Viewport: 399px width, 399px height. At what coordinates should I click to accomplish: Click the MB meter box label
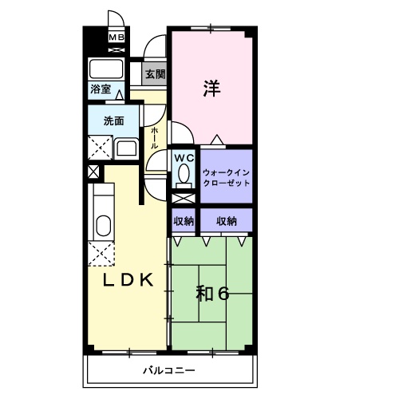pos(117,38)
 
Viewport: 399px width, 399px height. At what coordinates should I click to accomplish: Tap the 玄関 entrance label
pos(156,74)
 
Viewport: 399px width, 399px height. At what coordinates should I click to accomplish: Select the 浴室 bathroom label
pos(101,89)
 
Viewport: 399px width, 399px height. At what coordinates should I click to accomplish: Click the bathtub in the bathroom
pos(106,69)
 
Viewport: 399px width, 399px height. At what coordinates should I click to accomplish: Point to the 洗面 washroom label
pos(114,121)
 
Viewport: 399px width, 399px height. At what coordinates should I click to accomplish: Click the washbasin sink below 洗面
pos(126,148)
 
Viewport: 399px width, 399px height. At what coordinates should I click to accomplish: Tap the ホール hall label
pos(154,137)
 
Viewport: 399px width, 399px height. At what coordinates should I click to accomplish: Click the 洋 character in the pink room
pos(211,88)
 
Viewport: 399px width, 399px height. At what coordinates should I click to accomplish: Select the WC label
pos(184,158)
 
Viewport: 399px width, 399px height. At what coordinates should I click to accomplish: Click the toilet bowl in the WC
pos(184,175)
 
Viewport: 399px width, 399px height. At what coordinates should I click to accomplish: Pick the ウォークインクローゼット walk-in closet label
pos(226,178)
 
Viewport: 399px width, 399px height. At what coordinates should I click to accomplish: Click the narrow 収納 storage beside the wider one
pos(184,221)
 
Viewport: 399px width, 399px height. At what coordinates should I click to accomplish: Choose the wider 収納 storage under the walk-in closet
pos(227,221)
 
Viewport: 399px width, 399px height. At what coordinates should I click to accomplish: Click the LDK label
pos(128,280)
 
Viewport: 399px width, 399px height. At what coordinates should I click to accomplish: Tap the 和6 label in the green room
pos(212,294)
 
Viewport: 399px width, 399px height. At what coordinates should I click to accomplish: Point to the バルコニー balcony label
pos(169,370)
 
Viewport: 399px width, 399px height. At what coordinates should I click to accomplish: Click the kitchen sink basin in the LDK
pos(104,226)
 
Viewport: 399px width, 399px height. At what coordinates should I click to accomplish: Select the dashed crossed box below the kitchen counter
pos(101,254)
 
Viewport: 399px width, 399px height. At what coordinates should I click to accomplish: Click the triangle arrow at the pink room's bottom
pos(217,140)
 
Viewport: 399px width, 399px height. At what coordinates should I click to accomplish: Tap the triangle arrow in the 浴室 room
pos(120,95)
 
